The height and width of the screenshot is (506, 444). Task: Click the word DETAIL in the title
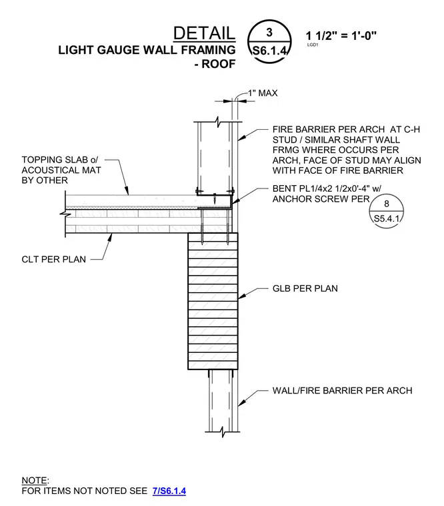pyautogui.click(x=204, y=33)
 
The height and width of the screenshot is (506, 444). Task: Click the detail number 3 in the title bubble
pyautogui.click(x=269, y=32)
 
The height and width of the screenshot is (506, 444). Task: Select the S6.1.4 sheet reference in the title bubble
pyautogui.click(x=269, y=51)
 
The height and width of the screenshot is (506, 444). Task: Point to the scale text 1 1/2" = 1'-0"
pyautogui.click(x=341, y=35)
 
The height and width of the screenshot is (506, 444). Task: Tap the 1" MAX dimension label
pyautogui.click(x=263, y=93)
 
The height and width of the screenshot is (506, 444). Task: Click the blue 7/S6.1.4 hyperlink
pyautogui.click(x=169, y=491)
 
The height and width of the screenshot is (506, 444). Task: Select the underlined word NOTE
pyautogui.click(x=34, y=481)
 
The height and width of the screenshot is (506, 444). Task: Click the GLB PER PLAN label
pyautogui.click(x=305, y=288)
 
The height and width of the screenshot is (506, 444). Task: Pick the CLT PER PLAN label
pyautogui.click(x=53, y=259)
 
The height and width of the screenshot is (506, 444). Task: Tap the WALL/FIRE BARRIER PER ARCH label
pyautogui.click(x=342, y=390)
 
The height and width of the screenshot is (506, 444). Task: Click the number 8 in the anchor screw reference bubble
pyautogui.click(x=387, y=204)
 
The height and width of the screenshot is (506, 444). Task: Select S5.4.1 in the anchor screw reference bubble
pyautogui.click(x=387, y=218)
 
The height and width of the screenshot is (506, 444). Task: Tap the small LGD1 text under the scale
pyautogui.click(x=313, y=45)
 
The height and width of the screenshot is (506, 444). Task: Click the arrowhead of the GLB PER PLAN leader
pyautogui.click(x=241, y=296)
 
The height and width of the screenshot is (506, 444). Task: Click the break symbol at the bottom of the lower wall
pyautogui.click(x=223, y=431)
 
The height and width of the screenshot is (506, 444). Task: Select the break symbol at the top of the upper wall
pyautogui.click(x=218, y=122)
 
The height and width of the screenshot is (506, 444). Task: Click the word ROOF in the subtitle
pyautogui.click(x=219, y=64)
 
